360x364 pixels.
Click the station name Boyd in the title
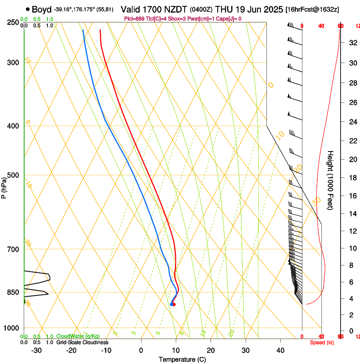[42, 9]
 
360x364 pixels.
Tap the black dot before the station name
[28, 9]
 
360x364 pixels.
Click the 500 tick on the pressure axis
[13, 175]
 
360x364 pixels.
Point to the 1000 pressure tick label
[11, 328]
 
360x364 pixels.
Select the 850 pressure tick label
[13, 292]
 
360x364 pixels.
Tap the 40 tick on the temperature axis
[280, 350]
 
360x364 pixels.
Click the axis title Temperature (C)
[182, 359]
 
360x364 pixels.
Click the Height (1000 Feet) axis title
[330, 180]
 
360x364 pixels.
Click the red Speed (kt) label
[322, 342]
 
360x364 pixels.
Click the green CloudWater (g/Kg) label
[78, 336]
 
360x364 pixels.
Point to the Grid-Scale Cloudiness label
[82, 342]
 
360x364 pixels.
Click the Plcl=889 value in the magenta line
[134, 19]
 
